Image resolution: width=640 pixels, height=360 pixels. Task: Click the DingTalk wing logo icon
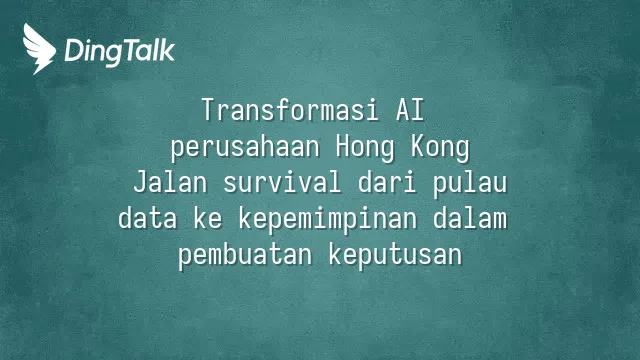pyautogui.click(x=39, y=49)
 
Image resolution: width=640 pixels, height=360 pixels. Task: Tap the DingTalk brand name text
pyautogui.click(x=120, y=51)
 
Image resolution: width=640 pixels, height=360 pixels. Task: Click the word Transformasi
pyautogui.click(x=291, y=110)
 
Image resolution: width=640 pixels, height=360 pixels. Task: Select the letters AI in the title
pyautogui.click(x=410, y=110)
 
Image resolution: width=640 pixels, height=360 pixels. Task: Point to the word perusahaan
pyautogui.click(x=245, y=148)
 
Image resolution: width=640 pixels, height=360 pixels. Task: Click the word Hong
pyautogui.click(x=365, y=148)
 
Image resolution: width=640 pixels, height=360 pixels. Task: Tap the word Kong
pyautogui.click(x=440, y=148)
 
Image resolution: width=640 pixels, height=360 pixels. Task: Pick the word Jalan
pyautogui.click(x=170, y=182)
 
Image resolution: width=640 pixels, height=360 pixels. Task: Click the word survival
pyautogui.click(x=282, y=182)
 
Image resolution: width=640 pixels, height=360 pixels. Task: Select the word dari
pyautogui.click(x=387, y=182)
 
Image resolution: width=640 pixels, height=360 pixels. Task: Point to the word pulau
pyautogui.click(x=470, y=184)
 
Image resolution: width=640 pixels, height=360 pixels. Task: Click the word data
pyautogui.click(x=148, y=218)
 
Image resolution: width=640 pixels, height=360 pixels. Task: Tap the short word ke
pyautogui.click(x=208, y=218)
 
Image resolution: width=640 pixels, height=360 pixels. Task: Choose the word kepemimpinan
pyautogui.click(x=328, y=220)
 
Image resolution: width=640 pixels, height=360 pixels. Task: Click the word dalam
pyautogui.click(x=470, y=218)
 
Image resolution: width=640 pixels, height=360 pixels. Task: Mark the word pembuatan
pyautogui.click(x=245, y=256)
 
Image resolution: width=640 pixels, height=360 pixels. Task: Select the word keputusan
pyautogui.click(x=395, y=256)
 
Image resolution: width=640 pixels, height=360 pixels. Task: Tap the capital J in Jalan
pyautogui.click(x=141, y=182)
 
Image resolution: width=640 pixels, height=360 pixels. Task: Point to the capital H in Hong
pyautogui.click(x=343, y=146)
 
